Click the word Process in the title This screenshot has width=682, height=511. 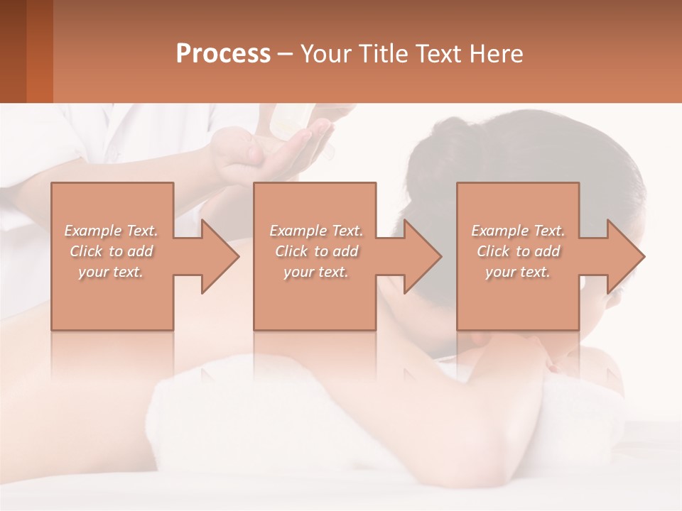coord(223,54)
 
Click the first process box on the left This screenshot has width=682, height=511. coord(112,298)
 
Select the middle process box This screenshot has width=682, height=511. coord(315,298)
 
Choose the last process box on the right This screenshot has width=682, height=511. coord(517,298)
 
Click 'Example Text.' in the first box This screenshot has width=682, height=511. coord(112,231)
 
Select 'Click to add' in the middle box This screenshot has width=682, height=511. coord(316,251)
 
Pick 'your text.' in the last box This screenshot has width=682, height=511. coord(518,272)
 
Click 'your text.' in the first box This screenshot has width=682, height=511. coord(112,272)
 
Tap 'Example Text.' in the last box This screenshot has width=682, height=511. coord(518,231)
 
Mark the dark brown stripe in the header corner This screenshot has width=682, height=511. coord(13,51)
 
